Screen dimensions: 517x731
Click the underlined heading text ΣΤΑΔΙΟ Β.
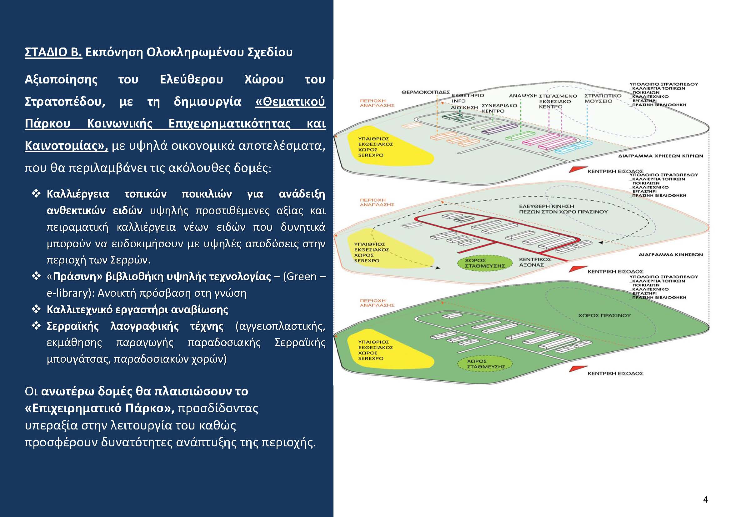53,52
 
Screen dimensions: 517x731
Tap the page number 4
705,499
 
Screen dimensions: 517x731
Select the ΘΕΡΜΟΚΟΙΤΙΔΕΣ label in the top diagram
425,92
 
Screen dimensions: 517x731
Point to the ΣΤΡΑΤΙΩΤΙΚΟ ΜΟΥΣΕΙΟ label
603,98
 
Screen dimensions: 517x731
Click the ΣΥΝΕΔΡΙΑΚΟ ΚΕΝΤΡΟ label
499,108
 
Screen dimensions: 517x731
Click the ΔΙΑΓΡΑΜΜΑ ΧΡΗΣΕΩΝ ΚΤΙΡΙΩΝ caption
661,156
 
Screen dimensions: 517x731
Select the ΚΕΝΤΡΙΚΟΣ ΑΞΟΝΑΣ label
535,262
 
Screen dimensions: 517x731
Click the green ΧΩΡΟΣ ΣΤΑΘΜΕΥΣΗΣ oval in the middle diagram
480,263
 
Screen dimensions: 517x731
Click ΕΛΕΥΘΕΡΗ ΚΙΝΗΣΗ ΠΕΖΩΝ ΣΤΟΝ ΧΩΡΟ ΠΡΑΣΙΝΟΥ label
563,209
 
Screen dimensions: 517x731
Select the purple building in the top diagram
499,128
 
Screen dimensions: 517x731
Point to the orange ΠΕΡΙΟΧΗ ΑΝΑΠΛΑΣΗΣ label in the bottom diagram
377,303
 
